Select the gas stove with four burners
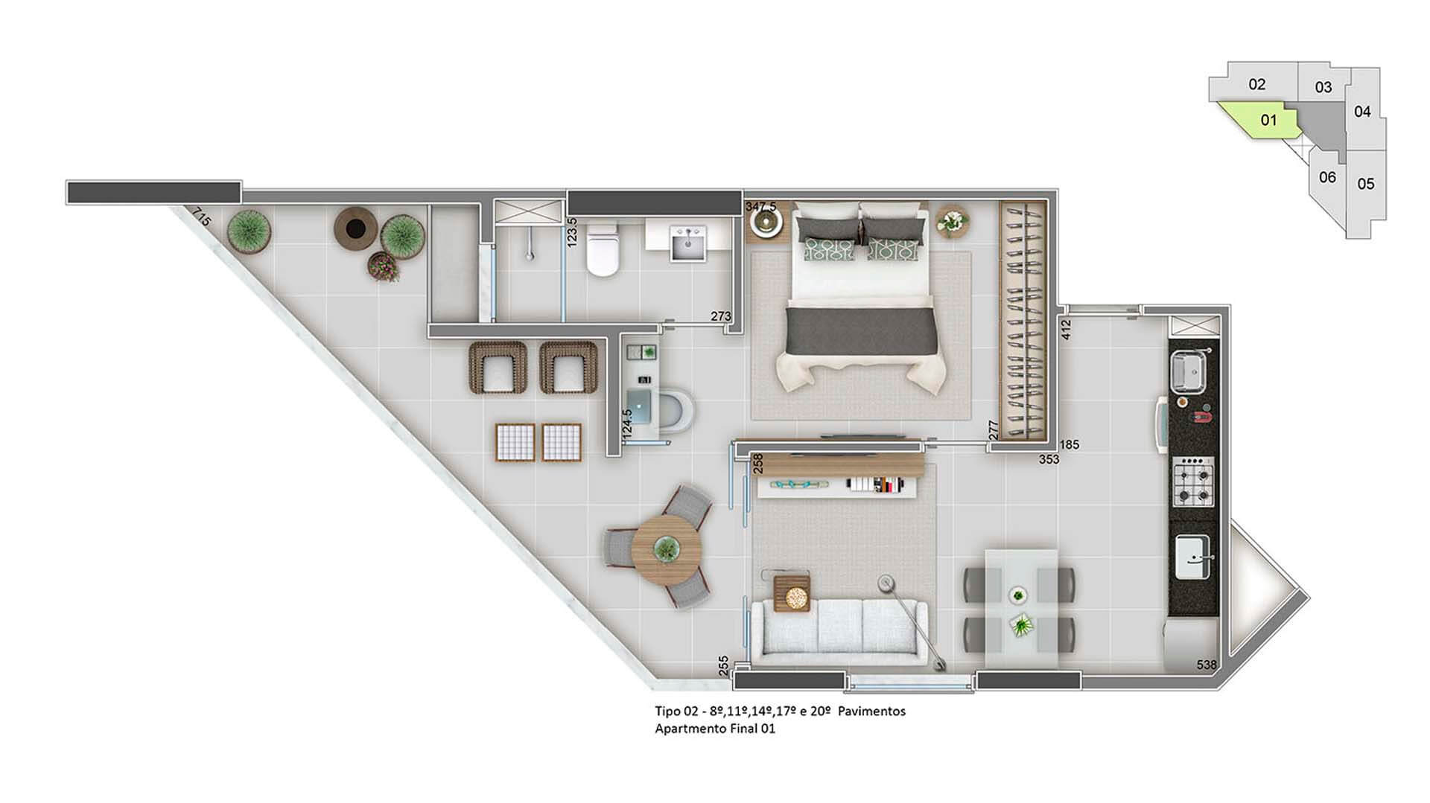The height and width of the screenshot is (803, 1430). coord(1193,482)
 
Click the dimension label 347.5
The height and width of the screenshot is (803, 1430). coord(761,205)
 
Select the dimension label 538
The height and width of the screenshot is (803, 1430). coord(1207,665)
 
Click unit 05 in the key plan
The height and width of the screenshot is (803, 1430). coord(1366,184)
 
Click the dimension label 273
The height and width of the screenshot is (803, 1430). coord(720,316)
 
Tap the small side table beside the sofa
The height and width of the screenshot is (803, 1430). coord(792,593)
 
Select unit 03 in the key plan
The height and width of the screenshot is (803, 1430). coord(1323,87)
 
